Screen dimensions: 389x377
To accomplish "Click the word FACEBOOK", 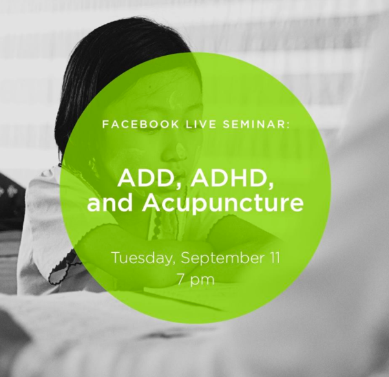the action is pos(140,124).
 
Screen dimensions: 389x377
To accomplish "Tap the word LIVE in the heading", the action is pos(201,124).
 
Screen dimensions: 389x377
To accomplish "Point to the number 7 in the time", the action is pos(182,279).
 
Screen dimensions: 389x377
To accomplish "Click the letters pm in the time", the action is pos(202,281).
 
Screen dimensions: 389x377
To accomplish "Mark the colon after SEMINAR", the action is pos(288,125).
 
